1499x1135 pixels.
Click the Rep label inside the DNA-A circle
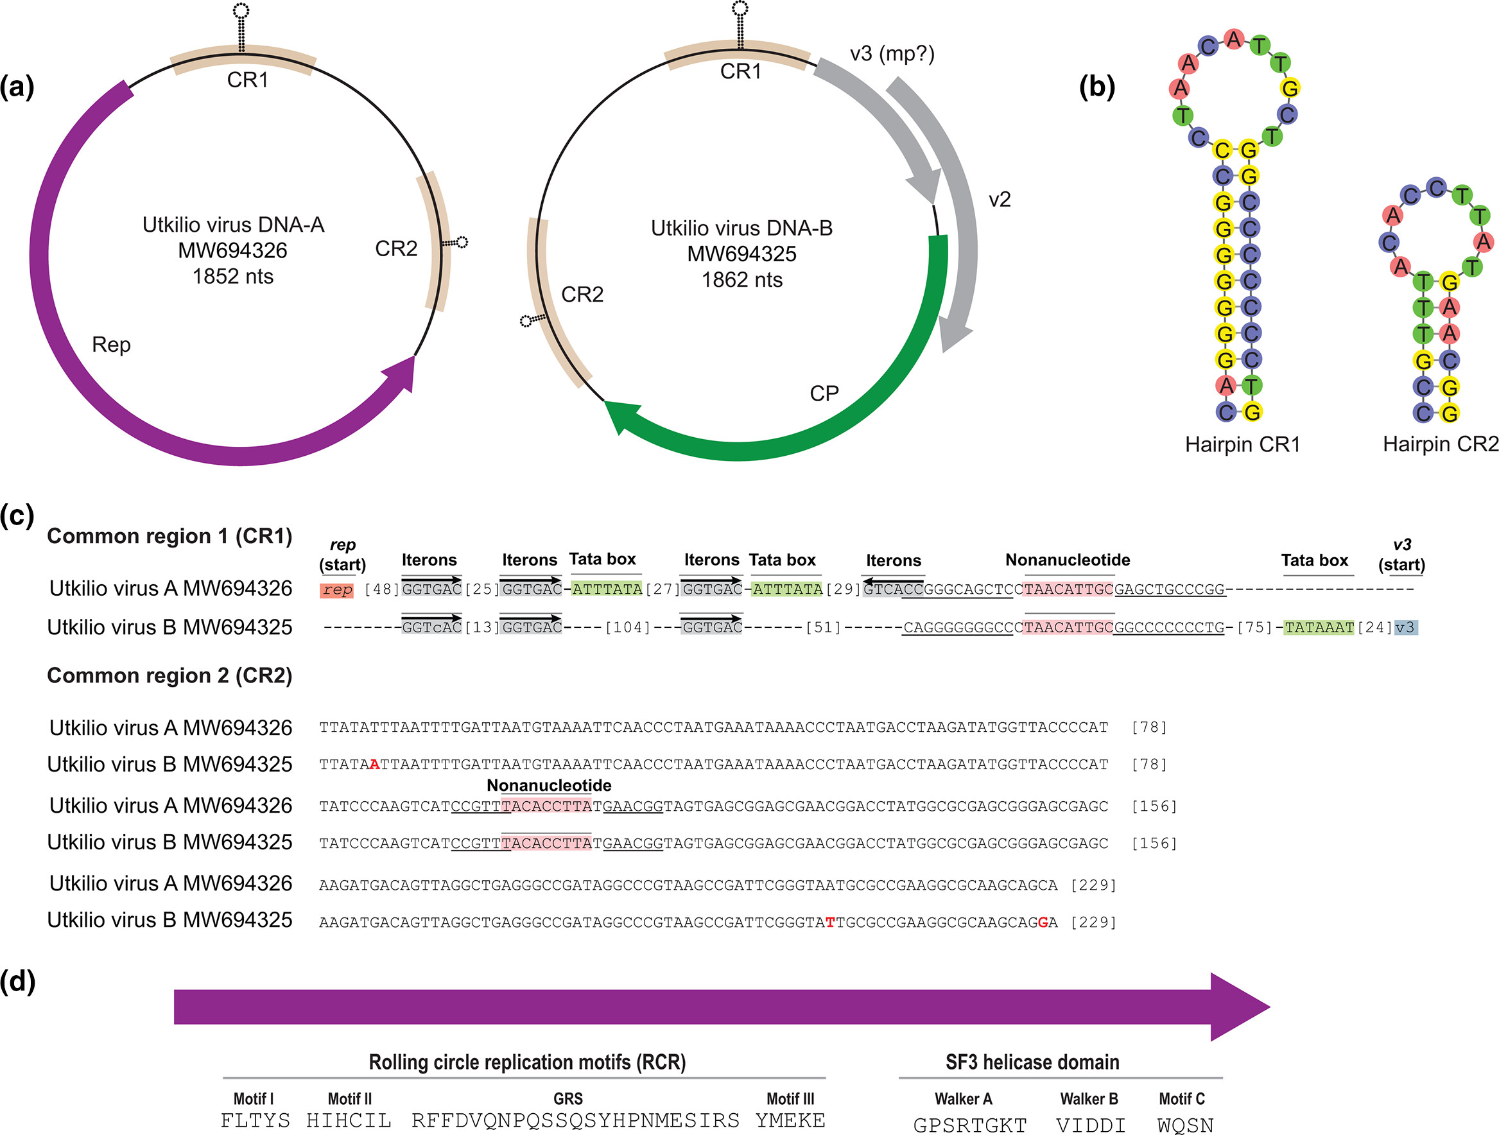point(111,345)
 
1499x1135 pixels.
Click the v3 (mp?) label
point(892,53)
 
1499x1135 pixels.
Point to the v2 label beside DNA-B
point(1000,199)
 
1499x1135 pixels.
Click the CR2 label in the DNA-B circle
point(582,295)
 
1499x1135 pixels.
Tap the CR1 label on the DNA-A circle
point(247,80)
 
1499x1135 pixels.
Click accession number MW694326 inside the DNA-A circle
point(232,251)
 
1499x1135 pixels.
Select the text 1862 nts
point(742,280)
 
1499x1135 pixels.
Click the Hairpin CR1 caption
point(1243,444)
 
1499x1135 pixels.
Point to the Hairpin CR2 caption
point(1441,444)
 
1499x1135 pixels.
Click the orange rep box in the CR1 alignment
point(337,589)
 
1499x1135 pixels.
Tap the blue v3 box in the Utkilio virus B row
point(1405,627)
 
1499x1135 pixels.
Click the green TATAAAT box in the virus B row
point(1319,627)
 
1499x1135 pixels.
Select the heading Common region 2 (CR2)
point(169,676)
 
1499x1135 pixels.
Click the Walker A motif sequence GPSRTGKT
point(970,1125)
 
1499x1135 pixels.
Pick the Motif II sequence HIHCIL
point(349,1120)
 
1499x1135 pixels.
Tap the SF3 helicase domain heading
point(1032,1062)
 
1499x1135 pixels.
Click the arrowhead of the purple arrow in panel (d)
point(1240,1007)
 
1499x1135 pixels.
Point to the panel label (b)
point(1096,87)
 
